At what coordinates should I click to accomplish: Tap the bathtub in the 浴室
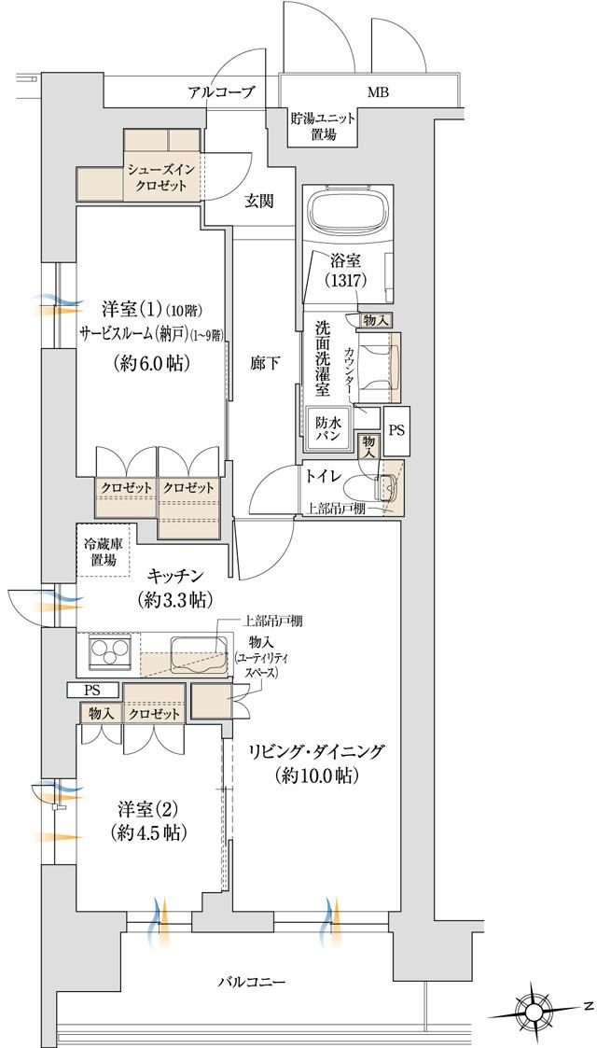click(x=350, y=213)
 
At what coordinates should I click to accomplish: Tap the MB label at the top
click(x=378, y=93)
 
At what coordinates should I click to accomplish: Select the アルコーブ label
click(x=220, y=93)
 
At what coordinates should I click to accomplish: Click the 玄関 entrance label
click(x=259, y=201)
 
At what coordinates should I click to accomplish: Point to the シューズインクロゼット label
click(x=163, y=177)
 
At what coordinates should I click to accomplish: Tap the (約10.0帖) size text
click(x=317, y=776)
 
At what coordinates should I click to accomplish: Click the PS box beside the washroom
click(x=396, y=431)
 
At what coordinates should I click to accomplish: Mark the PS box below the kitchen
click(x=93, y=690)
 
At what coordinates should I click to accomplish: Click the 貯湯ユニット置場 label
click(x=325, y=126)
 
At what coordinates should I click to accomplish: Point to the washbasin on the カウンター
click(x=381, y=361)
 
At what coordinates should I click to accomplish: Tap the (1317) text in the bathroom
click(x=344, y=279)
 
